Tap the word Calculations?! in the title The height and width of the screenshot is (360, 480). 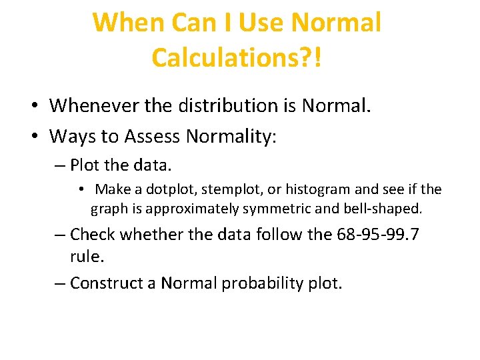(237, 57)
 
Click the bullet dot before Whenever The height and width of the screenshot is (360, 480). (33, 106)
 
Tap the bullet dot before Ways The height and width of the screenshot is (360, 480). (33, 137)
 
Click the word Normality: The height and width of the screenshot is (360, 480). (231, 137)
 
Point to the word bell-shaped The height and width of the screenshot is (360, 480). (383, 208)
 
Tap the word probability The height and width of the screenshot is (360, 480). (262, 283)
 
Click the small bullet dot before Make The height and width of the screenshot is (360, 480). (81, 190)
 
